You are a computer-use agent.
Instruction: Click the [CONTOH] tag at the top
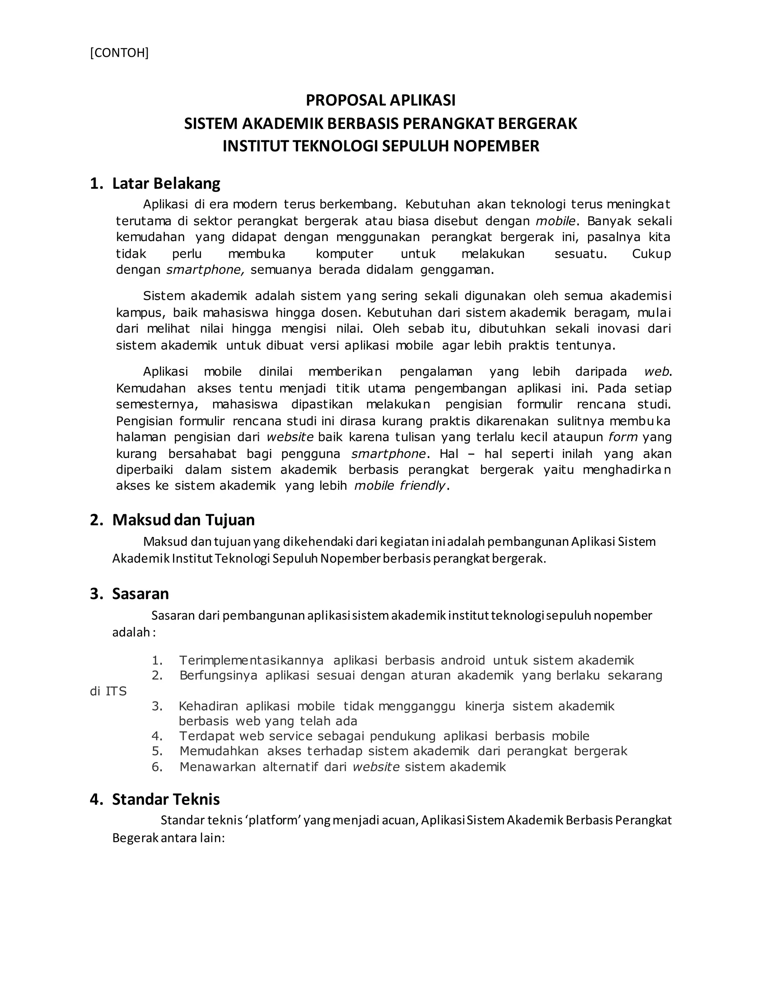119,53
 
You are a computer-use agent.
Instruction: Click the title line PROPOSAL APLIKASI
381,100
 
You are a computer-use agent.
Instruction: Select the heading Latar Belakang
166,183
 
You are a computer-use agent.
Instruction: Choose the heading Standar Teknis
166,799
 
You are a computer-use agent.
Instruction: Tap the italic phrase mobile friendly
400,486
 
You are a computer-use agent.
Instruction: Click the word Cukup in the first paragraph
651,254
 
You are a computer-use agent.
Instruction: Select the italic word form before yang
623,437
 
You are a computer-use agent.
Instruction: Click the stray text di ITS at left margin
108,691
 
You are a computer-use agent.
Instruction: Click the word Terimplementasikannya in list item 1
251,660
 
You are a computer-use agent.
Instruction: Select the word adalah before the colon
131,633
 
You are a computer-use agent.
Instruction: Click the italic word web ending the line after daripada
657,372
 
